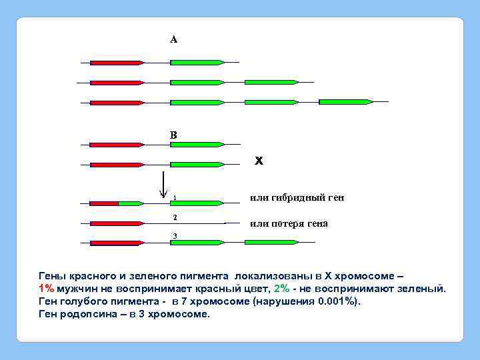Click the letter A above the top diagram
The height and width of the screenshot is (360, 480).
(x=173, y=39)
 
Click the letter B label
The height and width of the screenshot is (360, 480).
(x=173, y=135)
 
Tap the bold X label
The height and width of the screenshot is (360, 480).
(x=259, y=161)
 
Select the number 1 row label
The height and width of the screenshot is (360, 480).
(x=174, y=197)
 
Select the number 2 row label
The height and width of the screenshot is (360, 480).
(x=174, y=217)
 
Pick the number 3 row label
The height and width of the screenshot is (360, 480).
(x=174, y=236)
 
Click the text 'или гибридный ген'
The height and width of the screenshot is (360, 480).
(x=297, y=197)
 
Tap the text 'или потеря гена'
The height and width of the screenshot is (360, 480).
(x=289, y=223)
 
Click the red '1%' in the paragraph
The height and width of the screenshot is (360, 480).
(x=46, y=288)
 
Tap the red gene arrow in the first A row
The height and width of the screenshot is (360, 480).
(x=117, y=63)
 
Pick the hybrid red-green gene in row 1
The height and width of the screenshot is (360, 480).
(x=117, y=203)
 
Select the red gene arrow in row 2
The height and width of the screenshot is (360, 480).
(x=117, y=223)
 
